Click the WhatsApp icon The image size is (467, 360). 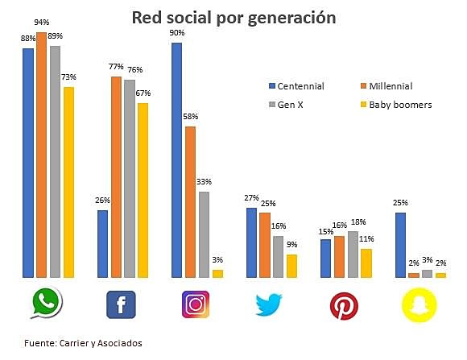tap(47, 304)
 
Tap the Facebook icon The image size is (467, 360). tap(121, 304)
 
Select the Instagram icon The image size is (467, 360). tap(196, 304)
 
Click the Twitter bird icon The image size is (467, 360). tap(270, 305)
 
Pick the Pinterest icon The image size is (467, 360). tap(345, 305)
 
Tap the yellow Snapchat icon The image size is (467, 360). tap(419, 305)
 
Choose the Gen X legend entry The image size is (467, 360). tap(290, 105)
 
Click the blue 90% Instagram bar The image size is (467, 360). tap(176, 160)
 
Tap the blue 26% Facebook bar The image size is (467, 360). tap(102, 244)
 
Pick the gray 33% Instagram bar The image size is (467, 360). tap(205, 234)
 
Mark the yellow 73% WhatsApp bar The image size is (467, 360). tap(68, 182)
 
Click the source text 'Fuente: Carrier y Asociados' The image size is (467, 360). tap(84, 341)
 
